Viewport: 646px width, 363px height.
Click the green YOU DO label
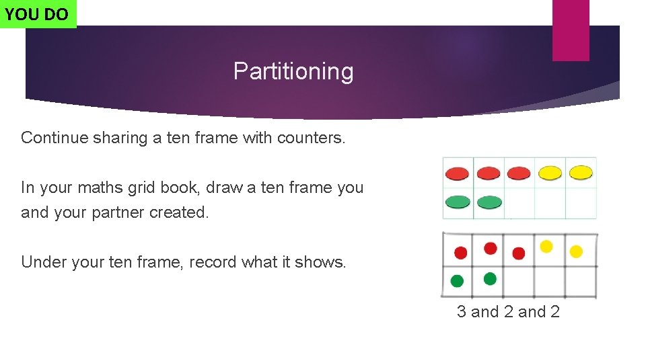tap(38, 14)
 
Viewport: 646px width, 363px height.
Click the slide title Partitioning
tap(293, 71)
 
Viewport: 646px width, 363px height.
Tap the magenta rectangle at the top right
tap(570, 30)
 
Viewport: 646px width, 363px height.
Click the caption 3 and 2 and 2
tap(508, 311)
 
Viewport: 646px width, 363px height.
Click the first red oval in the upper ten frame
tap(458, 173)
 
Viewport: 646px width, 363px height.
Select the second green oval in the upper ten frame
tap(489, 202)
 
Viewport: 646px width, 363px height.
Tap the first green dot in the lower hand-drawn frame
tap(458, 280)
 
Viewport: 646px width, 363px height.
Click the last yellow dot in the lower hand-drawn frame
tap(576, 251)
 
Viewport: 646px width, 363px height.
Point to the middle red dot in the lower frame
tap(491, 248)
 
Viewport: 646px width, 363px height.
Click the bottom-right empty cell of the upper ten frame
tap(581, 203)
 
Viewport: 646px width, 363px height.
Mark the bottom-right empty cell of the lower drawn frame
tap(581, 281)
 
